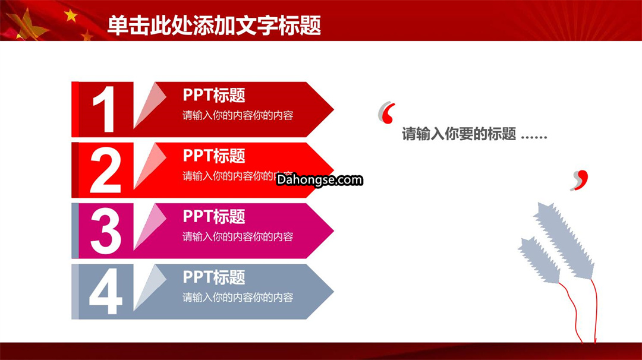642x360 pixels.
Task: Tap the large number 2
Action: (106, 170)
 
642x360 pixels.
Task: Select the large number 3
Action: (106, 230)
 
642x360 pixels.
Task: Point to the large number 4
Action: (106, 291)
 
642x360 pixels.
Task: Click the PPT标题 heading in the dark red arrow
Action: (214, 95)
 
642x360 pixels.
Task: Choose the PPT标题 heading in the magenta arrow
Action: (214, 216)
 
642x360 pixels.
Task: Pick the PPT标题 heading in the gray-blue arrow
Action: (214, 277)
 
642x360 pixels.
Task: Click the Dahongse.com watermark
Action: (320, 179)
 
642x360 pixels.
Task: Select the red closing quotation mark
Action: (581, 180)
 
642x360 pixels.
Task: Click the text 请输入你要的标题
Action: (459, 134)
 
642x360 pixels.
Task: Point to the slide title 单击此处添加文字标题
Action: (214, 26)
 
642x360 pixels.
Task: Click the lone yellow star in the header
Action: (71, 15)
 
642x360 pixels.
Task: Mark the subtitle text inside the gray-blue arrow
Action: (238, 298)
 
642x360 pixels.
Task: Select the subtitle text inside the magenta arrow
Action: (238, 237)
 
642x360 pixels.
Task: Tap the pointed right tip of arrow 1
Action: (333, 109)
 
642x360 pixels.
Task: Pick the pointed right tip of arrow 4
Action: (333, 291)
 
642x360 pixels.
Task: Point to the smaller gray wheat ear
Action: (540, 260)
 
